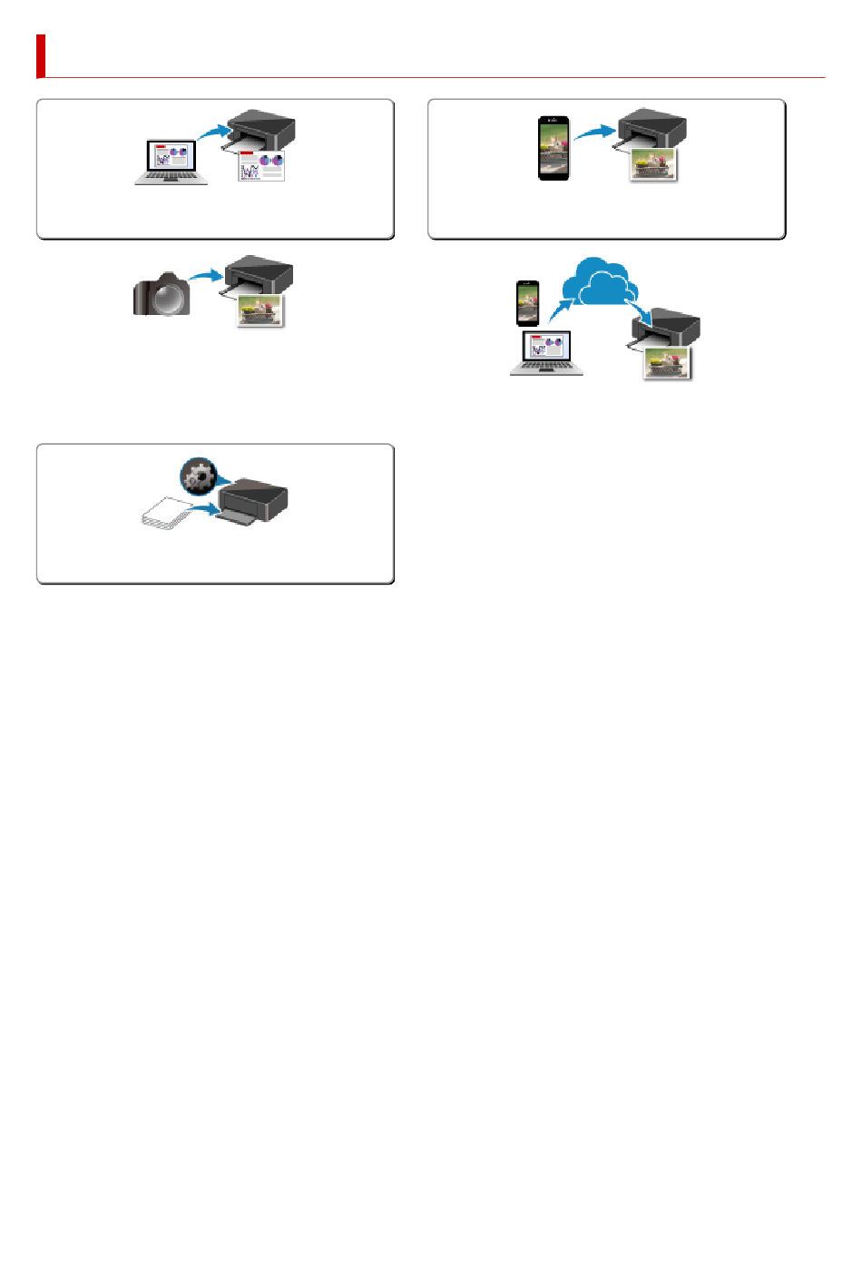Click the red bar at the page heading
41,56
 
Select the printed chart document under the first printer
261,166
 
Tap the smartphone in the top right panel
554,148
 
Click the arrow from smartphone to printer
594,133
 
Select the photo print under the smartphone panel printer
653,165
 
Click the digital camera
162,295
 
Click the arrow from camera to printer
206,274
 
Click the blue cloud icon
598,282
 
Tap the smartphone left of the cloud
527,302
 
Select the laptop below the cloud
546,353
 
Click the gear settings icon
197,475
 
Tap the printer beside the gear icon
253,502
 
